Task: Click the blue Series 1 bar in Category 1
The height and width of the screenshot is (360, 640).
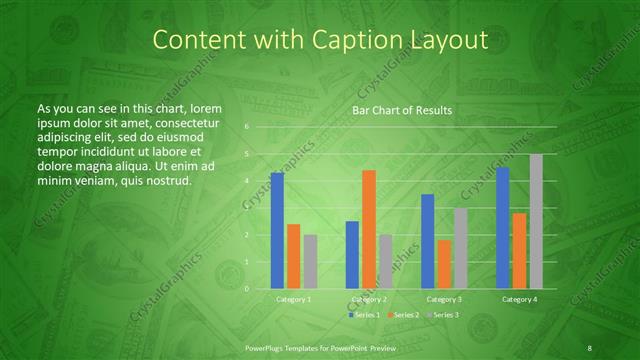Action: coord(277,231)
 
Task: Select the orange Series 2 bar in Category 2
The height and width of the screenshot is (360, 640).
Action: coord(369,229)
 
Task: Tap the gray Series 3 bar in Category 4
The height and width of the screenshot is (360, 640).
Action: coord(536,221)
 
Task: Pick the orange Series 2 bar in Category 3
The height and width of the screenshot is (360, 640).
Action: coord(444,264)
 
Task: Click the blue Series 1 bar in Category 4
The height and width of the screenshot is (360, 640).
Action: coord(503,228)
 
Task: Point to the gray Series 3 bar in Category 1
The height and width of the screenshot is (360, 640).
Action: coord(310,262)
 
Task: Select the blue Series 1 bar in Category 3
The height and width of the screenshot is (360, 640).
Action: coord(428,241)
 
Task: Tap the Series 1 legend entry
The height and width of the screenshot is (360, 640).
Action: coord(365,315)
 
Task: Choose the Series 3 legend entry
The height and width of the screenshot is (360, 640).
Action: coord(444,315)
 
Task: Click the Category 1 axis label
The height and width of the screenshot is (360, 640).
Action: coord(294,299)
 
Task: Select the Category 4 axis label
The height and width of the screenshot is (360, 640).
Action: coord(519,299)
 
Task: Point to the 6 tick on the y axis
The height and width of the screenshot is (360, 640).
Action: coord(248,127)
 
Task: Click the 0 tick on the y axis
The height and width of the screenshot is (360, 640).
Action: coord(248,289)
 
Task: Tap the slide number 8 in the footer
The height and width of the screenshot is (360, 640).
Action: coord(589,347)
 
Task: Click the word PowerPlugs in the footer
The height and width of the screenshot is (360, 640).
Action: coord(266,347)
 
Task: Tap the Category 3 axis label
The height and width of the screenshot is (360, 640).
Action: coord(444,299)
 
